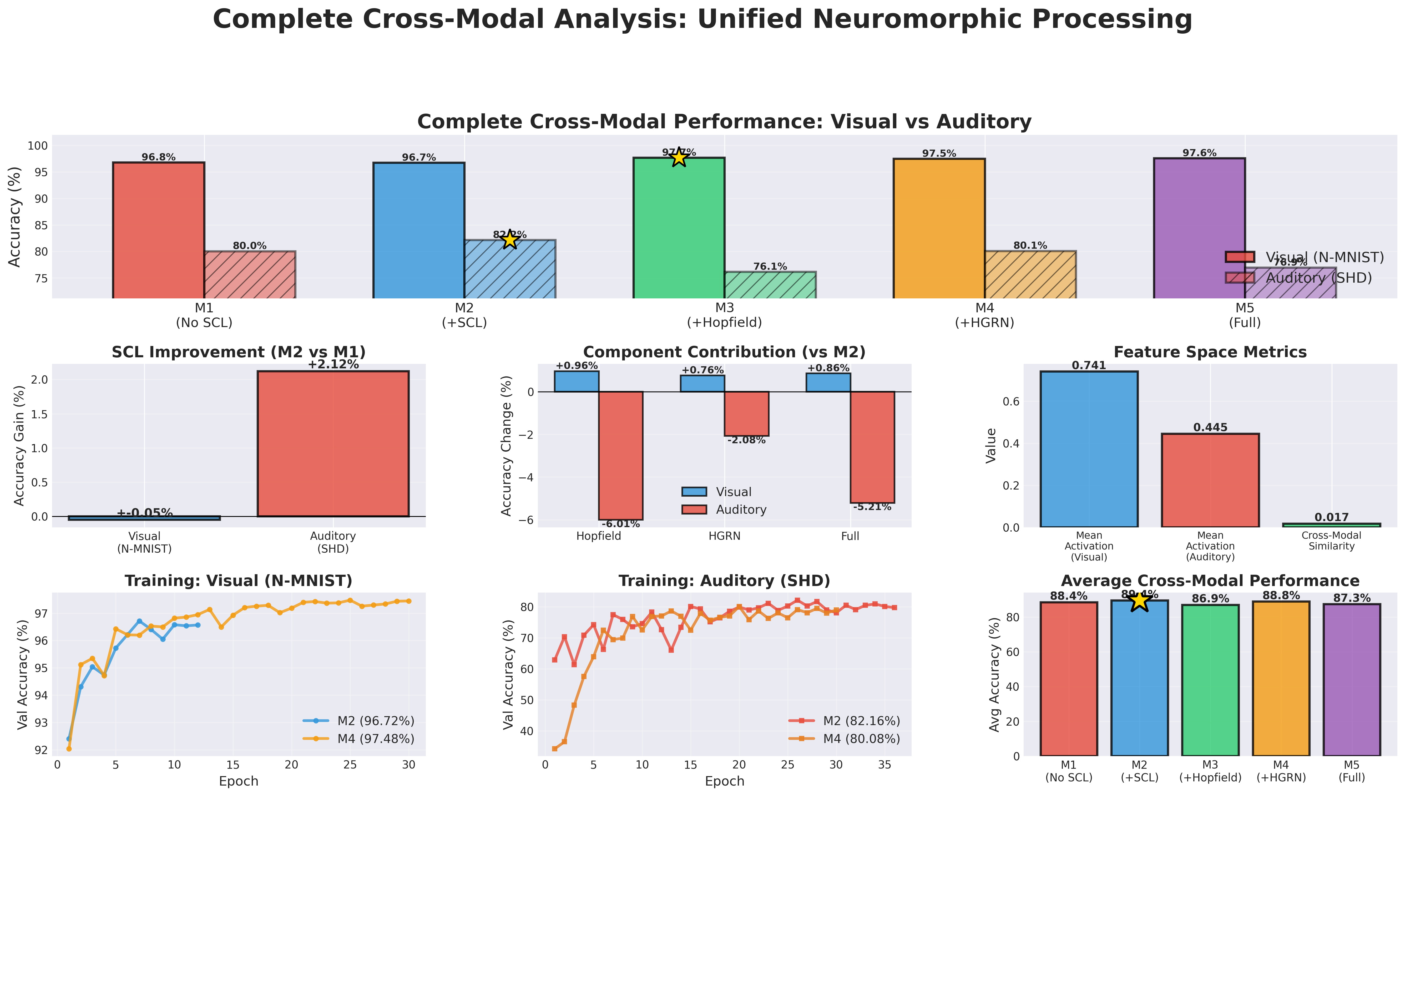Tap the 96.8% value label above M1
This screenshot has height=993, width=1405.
coord(159,157)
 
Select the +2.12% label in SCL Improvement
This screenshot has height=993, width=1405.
coord(333,365)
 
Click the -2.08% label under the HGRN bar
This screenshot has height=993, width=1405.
coord(746,440)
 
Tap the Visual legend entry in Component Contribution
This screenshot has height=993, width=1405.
coord(733,492)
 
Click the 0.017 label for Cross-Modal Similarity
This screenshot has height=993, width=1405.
coord(1332,518)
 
